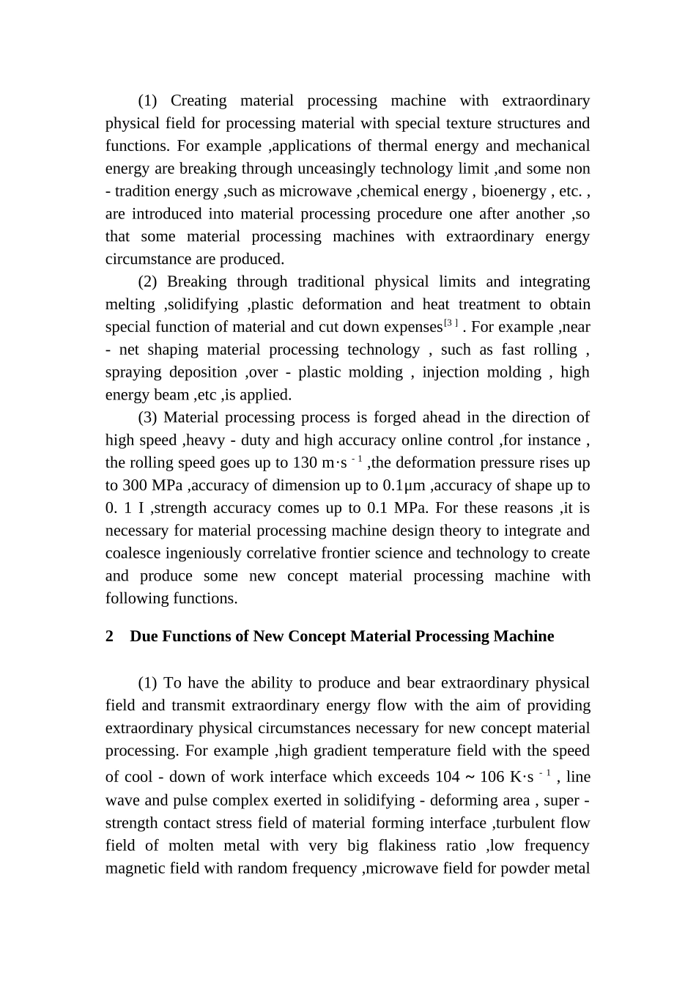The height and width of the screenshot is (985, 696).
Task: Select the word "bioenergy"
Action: coord(511,191)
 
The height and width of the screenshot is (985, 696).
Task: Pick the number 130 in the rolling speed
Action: coord(305,463)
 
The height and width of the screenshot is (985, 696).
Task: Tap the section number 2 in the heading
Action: coord(110,636)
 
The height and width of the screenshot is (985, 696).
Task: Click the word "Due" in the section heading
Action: coord(144,636)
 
